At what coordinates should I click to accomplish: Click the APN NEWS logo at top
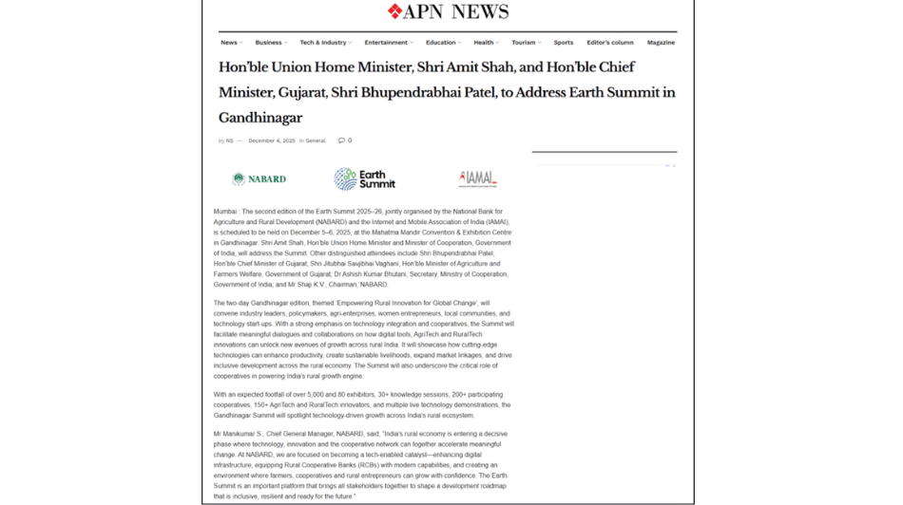point(448,12)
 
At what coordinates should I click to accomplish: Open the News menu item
point(229,43)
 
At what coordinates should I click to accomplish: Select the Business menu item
point(268,43)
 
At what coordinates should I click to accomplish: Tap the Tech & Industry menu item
point(323,43)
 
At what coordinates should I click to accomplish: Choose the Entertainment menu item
point(386,43)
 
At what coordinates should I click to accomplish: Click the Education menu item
point(440,43)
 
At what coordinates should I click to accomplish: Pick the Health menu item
point(484,43)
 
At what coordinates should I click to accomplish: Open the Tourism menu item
point(523,43)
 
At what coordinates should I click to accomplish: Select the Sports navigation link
point(564,43)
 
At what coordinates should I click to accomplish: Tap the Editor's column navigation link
point(610,43)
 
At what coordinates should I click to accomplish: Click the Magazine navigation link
point(661,43)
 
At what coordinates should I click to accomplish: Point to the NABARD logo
point(259,178)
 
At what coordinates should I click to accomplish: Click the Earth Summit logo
point(364,178)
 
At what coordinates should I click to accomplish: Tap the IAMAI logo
point(477,178)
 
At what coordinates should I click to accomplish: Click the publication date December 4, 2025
point(272,140)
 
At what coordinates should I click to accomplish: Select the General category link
point(316,140)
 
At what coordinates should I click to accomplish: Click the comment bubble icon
point(341,140)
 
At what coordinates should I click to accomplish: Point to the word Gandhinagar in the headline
point(260,118)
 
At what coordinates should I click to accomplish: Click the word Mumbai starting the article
point(225,212)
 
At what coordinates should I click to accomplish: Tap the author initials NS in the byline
point(229,140)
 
